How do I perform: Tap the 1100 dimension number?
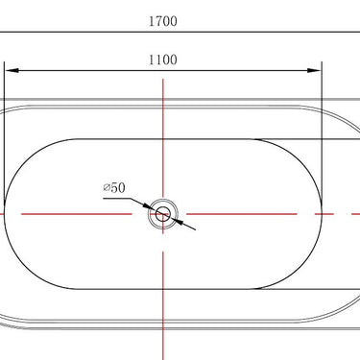point(163,60)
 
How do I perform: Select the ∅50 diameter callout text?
point(114,187)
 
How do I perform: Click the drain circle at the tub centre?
point(163,214)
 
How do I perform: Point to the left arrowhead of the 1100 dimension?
point(12,70)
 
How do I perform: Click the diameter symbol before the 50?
point(107,187)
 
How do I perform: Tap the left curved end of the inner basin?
point(7,214)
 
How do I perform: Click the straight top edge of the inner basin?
point(163,139)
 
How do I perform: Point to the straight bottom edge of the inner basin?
point(163,288)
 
